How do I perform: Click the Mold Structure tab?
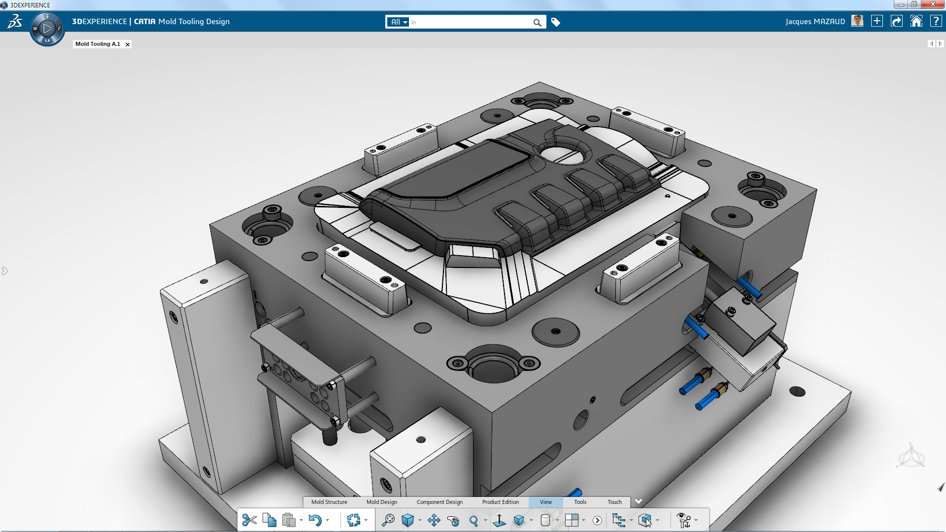pyautogui.click(x=329, y=502)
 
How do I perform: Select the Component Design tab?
pyautogui.click(x=439, y=502)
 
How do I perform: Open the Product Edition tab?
pyautogui.click(x=500, y=502)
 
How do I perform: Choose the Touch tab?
pyautogui.click(x=614, y=502)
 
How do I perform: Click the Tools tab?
pyautogui.click(x=580, y=502)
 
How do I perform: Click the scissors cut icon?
pyautogui.click(x=249, y=520)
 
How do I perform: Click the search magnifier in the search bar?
pyautogui.click(x=537, y=22)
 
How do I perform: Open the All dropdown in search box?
pyautogui.click(x=399, y=22)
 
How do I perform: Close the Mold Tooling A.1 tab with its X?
pyautogui.click(x=128, y=44)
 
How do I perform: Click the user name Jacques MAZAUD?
pyautogui.click(x=815, y=22)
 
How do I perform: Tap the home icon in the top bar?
pyautogui.click(x=916, y=21)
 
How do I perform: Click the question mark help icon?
pyautogui.click(x=936, y=21)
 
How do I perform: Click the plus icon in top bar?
pyautogui.click(x=877, y=21)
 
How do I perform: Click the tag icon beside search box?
pyautogui.click(x=556, y=22)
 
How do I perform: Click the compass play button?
pyautogui.click(x=47, y=29)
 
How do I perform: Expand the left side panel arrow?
pyautogui.click(x=4, y=271)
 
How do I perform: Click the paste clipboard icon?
pyautogui.click(x=289, y=520)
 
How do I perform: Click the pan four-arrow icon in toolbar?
pyautogui.click(x=434, y=520)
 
